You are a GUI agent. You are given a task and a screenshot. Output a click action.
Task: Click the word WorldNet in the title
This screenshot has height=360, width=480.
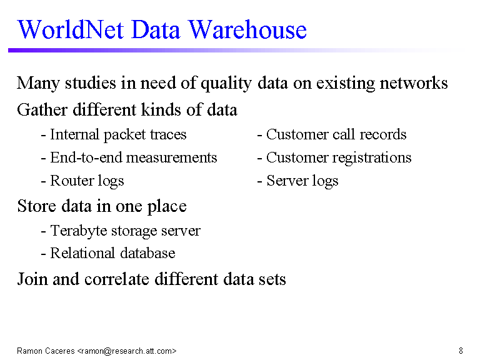pyautogui.click(x=71, y=30)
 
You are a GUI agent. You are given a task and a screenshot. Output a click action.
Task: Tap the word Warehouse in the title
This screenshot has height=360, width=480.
pyautogui.click(x=247, y=30)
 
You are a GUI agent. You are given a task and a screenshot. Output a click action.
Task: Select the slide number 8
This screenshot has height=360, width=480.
pyautogui.click(x=461, y=351)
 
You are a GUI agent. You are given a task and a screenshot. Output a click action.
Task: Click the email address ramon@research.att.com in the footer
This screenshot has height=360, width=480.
pyautogui.click(x=127, y=351)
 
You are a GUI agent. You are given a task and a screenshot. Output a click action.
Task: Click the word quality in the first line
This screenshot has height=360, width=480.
pyautogui.click(x=226, y=84)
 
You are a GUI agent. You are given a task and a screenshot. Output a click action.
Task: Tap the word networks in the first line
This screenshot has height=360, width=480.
pyautogui.click(x=414, y=83)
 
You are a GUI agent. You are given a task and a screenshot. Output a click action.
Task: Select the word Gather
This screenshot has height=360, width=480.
pyautogui.click(x=42, y=110)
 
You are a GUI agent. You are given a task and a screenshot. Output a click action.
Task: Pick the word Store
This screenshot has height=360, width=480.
pyautogui.click(x=37, y=206)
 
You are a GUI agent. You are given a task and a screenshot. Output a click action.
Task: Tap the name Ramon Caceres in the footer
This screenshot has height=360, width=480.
pyautogui.click(x=46, y=351)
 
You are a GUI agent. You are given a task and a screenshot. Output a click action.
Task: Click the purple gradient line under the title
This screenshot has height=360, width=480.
pyautogui.click(x=236, y=50)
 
